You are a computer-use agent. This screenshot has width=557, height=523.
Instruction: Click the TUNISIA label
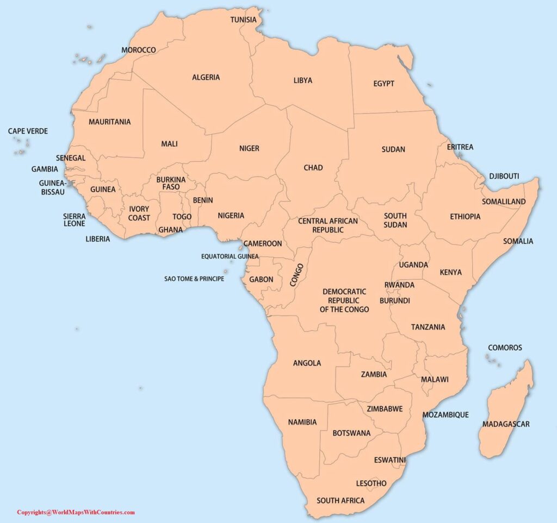click(244, 20)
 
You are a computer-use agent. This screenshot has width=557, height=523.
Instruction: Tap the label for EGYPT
click(383, 84)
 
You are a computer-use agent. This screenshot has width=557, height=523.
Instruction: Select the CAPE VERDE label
click(28, 131)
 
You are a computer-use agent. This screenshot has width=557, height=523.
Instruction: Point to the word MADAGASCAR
click(505, 424)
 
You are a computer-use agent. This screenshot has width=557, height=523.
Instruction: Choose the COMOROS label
click(504, 348)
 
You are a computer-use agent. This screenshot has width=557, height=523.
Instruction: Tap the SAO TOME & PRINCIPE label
click(194, 279)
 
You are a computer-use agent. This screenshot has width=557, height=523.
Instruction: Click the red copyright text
click(76, 512)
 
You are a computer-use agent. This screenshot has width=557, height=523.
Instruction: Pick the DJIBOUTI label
click(504, 177)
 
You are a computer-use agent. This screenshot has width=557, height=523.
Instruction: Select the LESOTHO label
click(371, 483)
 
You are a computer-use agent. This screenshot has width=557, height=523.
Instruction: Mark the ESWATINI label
click(389, 460)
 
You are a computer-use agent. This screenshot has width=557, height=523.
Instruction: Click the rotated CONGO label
click(296, 275)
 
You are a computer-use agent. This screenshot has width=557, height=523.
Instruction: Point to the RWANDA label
click(399, 285)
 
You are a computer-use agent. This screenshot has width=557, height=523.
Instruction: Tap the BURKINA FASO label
click(171, 183)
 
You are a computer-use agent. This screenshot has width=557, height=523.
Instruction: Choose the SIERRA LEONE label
click(74, 219)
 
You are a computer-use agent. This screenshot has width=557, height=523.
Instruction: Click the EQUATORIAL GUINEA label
click(230, 256)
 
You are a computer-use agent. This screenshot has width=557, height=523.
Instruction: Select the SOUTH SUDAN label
click(395, 220)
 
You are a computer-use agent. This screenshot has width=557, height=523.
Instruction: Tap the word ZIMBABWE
click(385, 409)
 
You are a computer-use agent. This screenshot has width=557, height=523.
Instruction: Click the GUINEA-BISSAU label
click(52, 188)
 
